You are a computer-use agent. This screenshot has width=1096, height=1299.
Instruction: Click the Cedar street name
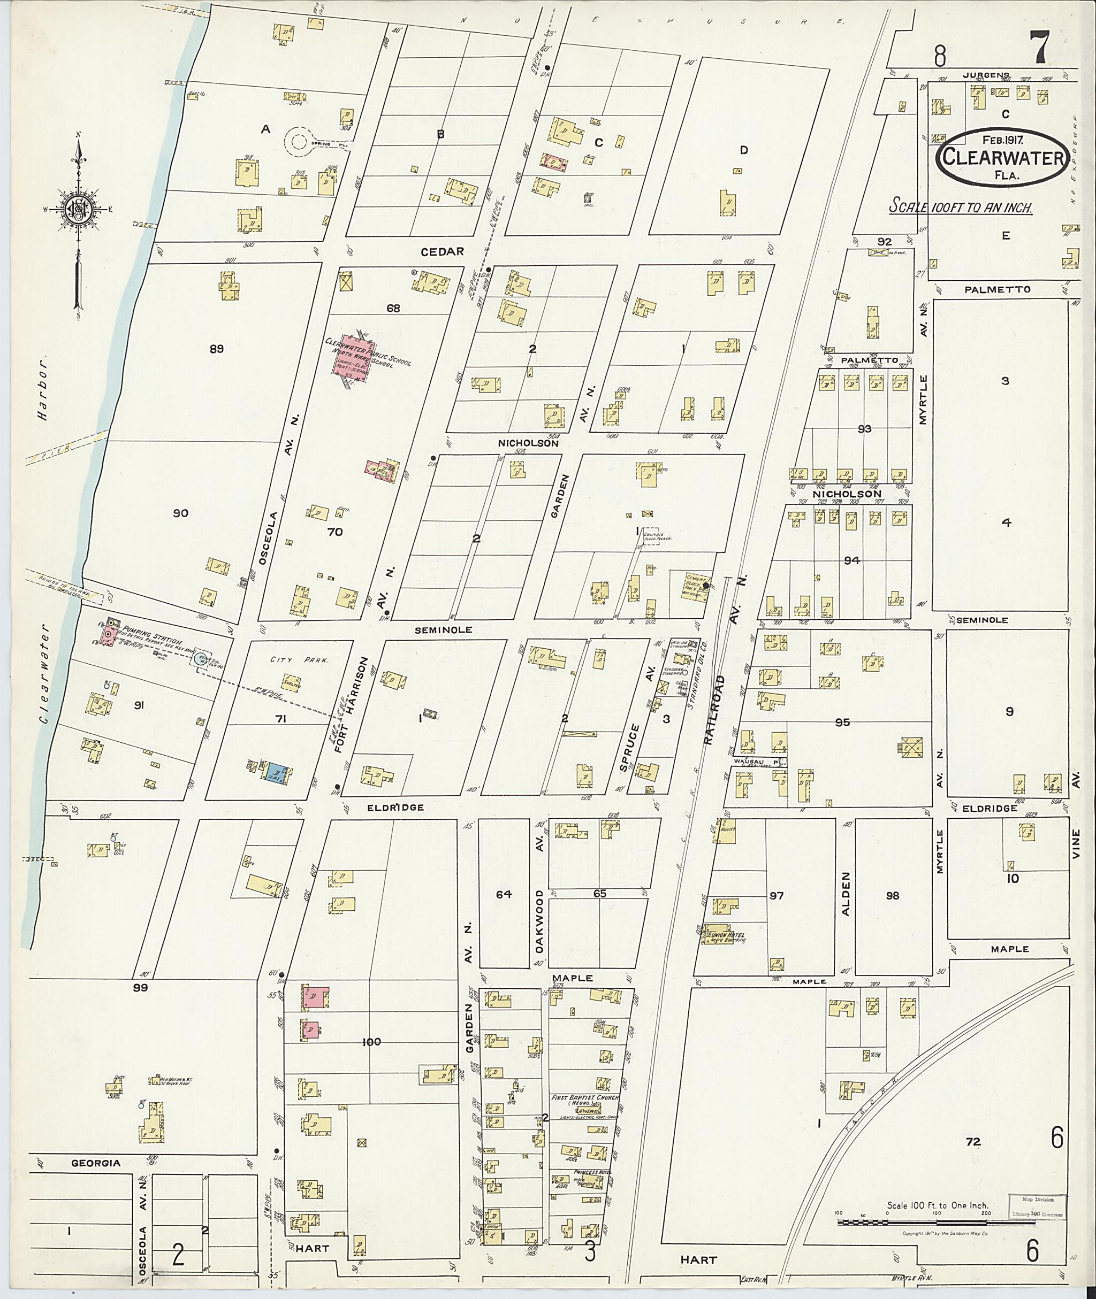coord(443,251)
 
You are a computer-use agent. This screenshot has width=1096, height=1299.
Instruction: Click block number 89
coord(216,349)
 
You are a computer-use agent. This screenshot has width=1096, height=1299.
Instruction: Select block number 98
coord(893,895)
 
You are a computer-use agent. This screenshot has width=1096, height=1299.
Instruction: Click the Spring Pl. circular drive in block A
coord(301,144)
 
